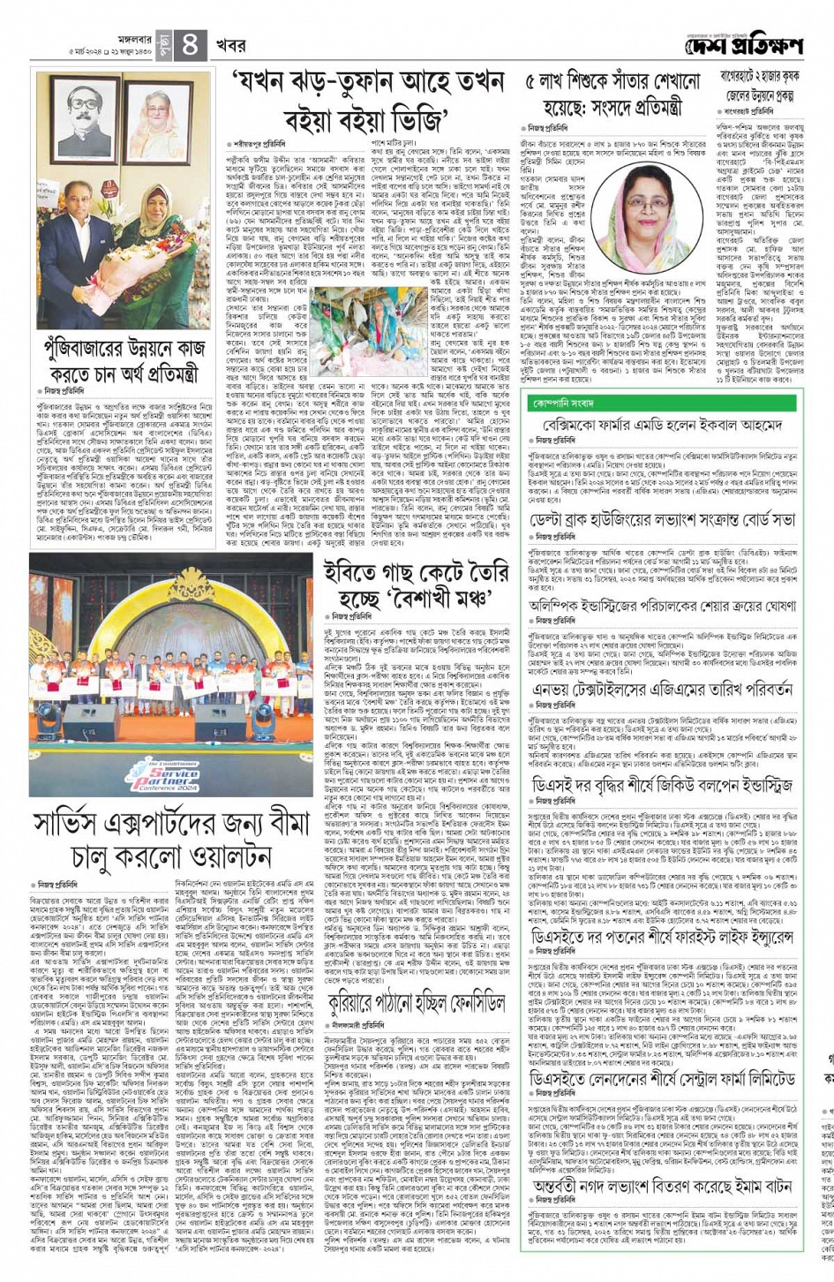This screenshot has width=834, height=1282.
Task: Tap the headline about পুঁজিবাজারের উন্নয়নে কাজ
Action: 123,361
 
